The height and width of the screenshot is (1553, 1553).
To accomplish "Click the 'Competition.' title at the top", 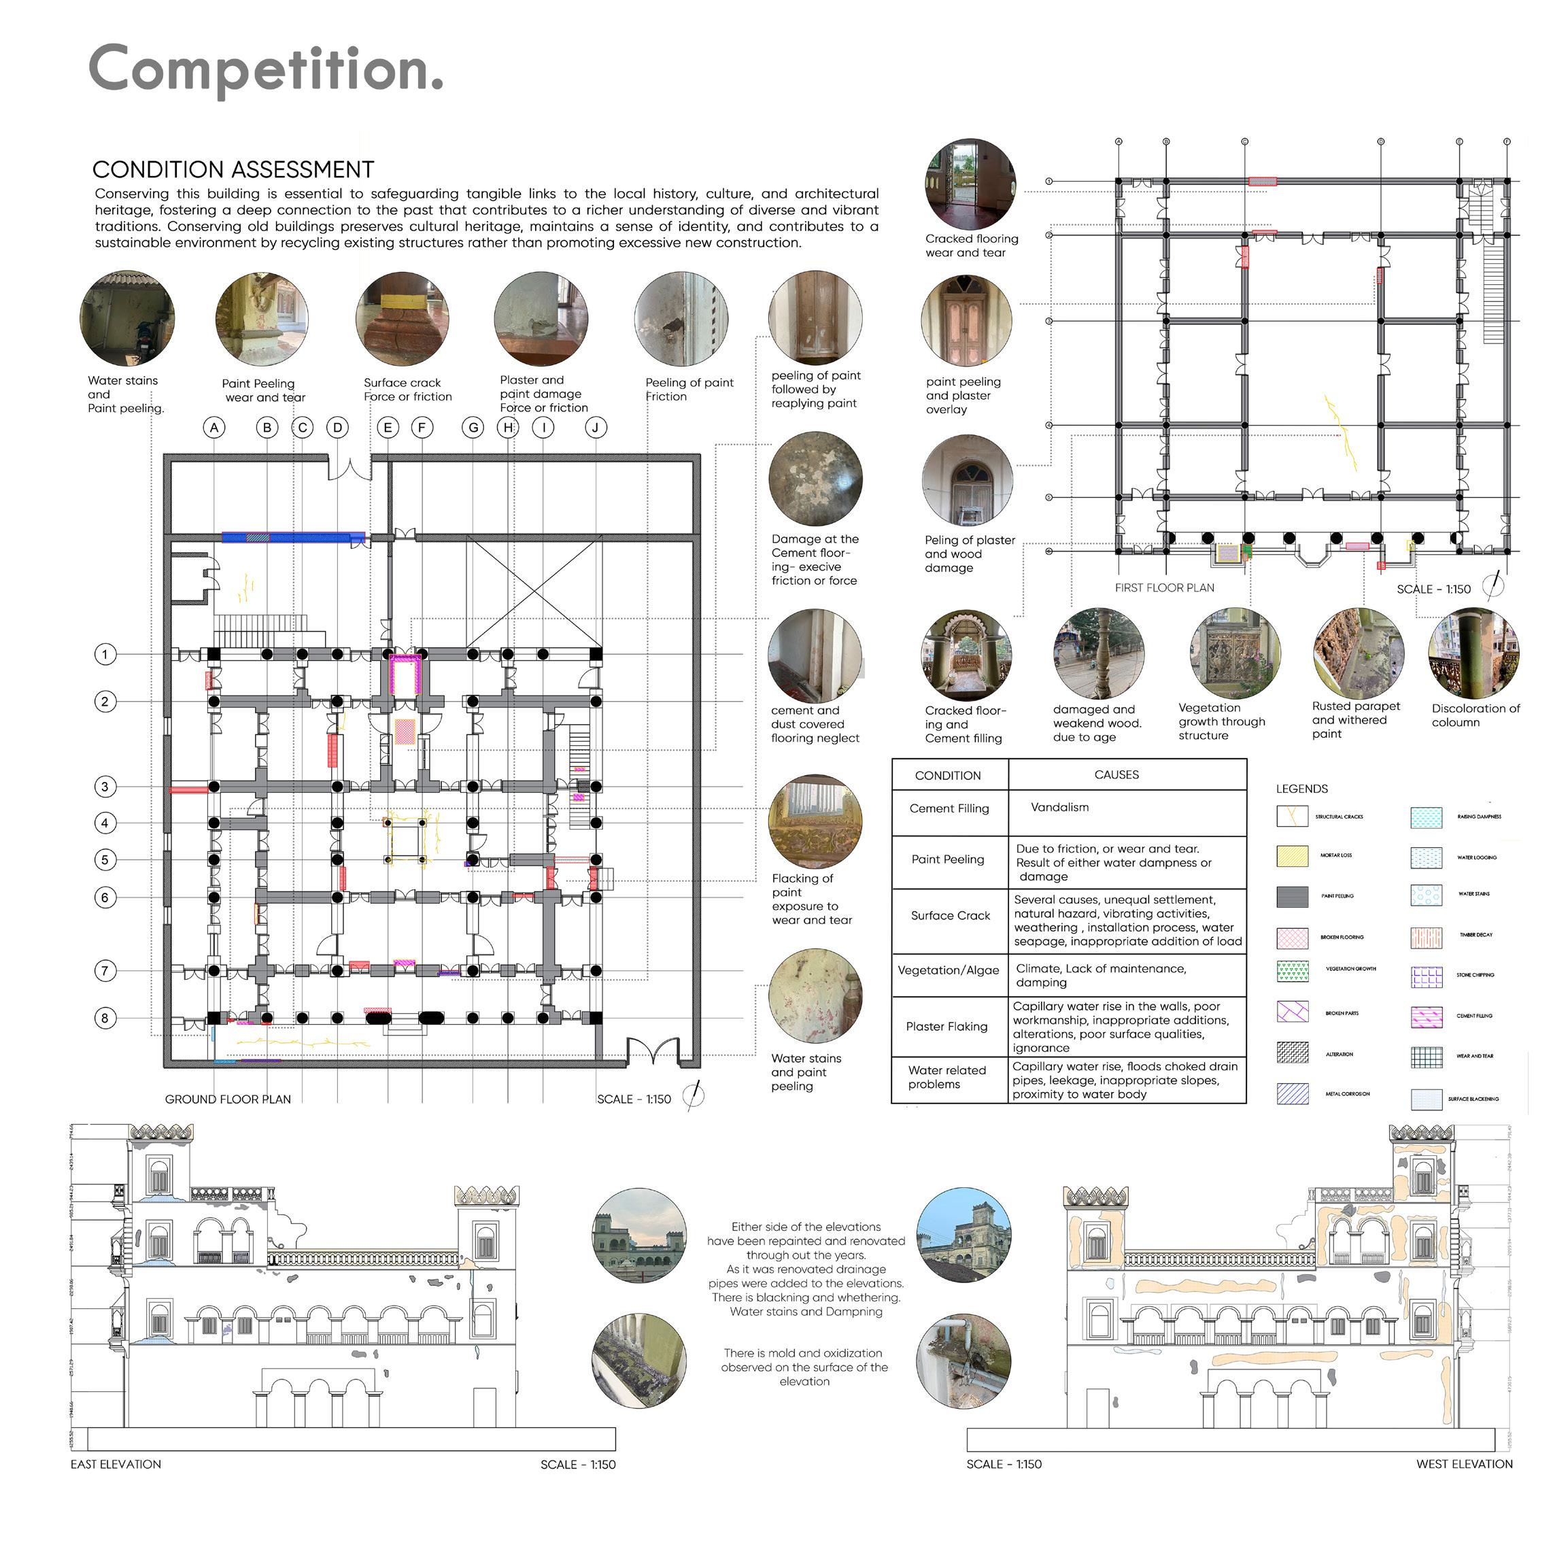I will point(265,70).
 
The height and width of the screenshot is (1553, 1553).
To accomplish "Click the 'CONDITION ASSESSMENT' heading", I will point(233,169).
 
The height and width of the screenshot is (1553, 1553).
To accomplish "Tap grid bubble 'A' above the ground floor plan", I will point(214,428).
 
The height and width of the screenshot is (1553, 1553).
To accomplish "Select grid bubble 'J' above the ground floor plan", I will point(596,428).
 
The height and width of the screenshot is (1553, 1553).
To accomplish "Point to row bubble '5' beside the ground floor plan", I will point(105,859).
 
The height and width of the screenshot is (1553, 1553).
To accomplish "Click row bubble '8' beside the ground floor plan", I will point(105,1018).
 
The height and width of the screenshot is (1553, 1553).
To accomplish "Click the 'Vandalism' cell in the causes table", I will point(1059,807).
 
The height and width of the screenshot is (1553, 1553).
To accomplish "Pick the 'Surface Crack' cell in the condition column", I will point(950,916).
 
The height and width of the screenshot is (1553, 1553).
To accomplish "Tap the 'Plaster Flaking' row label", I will point(947,1027).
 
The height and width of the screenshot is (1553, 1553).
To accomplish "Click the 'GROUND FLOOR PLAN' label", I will point(228,1099).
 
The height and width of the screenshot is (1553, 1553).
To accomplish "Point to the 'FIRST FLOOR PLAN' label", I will point(1165,587).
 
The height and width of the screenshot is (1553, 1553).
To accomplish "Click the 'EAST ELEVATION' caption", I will point(116,1464).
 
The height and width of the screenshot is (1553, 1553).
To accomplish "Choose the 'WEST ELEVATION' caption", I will point(1464,1464).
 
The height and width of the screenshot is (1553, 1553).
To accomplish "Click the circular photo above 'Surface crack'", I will point(402,319).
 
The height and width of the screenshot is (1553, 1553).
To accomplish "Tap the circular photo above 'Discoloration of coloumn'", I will point(1473,653).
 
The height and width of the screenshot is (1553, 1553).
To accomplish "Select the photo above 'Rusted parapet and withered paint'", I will point(1359,653).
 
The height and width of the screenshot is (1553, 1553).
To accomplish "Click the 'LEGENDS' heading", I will point(1302,789).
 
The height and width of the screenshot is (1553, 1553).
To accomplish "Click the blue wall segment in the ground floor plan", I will point(292,537).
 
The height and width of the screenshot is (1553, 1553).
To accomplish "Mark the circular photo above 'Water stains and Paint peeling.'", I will point(127,318).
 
